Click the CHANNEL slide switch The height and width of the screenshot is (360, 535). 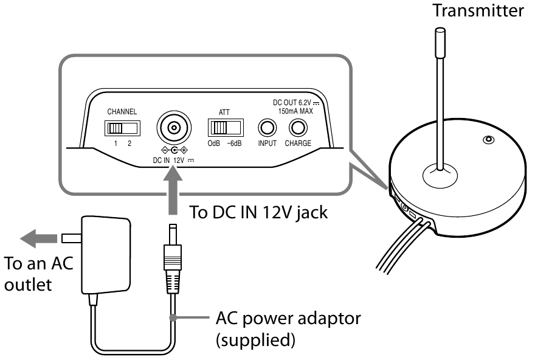tap(122, 128)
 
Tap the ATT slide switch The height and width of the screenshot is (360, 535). tap(225, 128)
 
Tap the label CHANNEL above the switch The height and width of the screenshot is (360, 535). tap(122, 112)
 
